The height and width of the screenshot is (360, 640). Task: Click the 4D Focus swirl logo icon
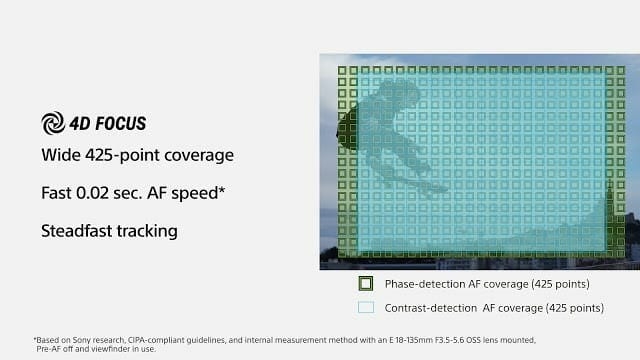pyautogui.click(x=53, y=123)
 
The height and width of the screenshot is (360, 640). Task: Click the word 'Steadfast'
pyautogui.click(x=76, y=231)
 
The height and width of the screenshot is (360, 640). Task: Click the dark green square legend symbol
pyautogui.click(x=366, y=284)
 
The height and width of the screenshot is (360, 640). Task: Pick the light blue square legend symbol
pyautogui.click(x=366, y=307)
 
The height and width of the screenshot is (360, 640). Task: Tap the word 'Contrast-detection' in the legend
pyautogui.click(x=431, y=308)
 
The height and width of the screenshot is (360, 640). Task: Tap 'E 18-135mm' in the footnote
pyautogui.click(x=411, y=340)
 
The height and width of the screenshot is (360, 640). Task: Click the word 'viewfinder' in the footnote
pyautogui.click(x=109, y=349)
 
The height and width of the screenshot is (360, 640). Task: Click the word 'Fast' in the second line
pyautogui.click(x=56, y=193)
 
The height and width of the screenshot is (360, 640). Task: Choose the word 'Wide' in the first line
pyautogui.click(x=61, y=155)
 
